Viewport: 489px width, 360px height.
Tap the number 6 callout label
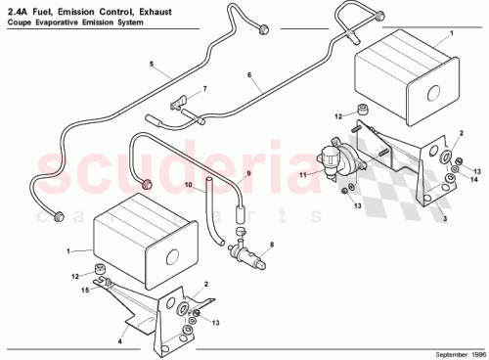(249, 73)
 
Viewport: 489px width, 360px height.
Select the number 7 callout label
(204, 89)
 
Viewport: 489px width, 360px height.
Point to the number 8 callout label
(272, 244)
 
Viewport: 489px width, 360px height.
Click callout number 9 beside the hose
(247, 173)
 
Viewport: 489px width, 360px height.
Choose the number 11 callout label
(304, 174)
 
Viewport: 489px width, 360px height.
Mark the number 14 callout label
(474, 178)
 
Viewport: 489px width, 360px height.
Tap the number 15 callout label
(85, 291)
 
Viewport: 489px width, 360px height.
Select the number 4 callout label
(121, 341)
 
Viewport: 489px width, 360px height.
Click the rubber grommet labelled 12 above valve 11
(363, 108)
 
